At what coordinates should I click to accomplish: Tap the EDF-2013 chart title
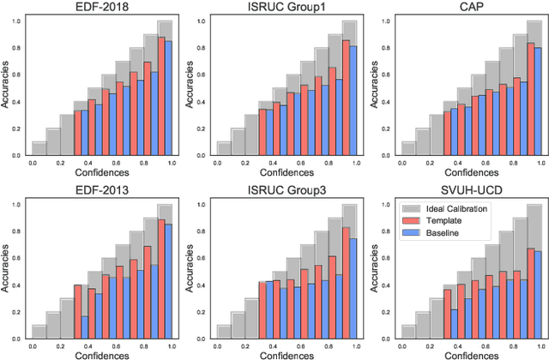(101, 189)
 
